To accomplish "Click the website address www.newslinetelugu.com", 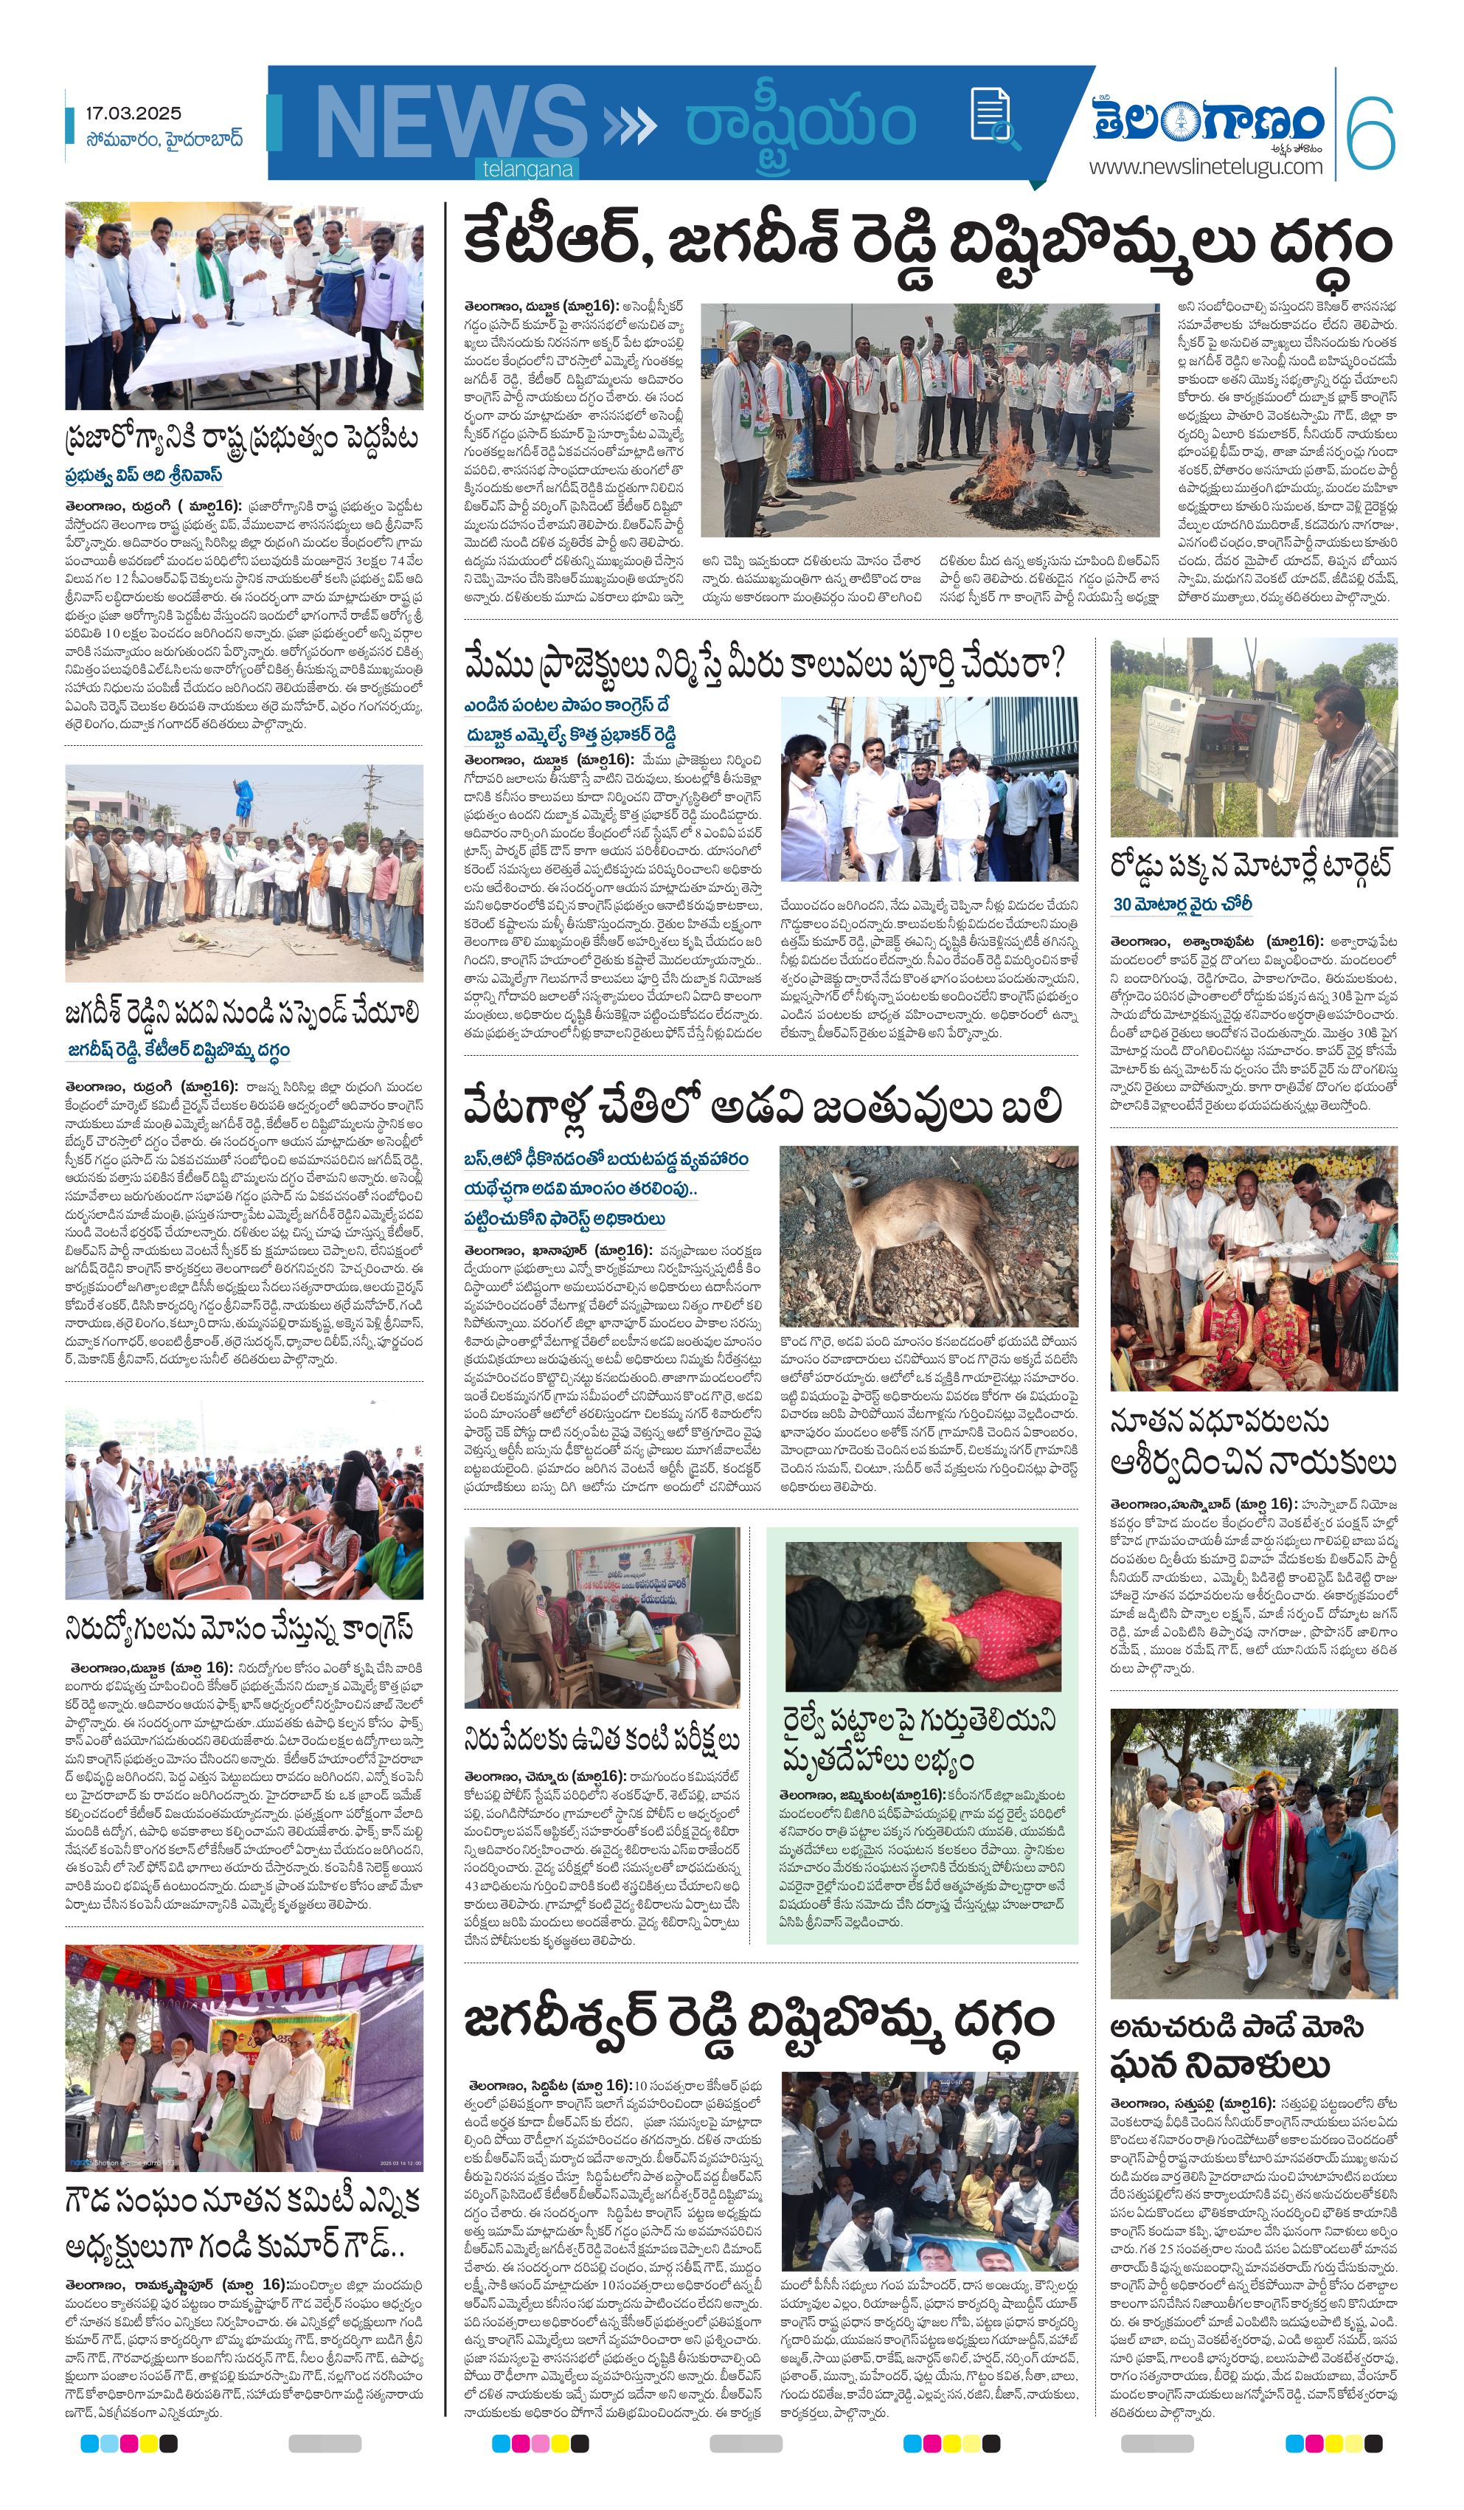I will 1205,166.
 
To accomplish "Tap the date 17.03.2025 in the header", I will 133,114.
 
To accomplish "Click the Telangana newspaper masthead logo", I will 1207,122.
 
